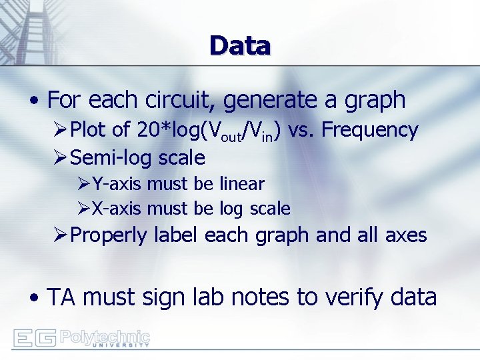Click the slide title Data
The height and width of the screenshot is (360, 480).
(x=240, y=46)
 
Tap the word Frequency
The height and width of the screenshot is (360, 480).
(x=369, y=130)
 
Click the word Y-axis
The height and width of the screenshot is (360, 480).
(x=117, y=183)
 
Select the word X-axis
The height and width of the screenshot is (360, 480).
(x=117, y=209)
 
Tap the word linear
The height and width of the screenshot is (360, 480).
(x=241, y=183)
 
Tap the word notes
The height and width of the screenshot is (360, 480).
(x=265, y=298)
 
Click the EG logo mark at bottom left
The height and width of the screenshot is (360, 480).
(x=34, y=339)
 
